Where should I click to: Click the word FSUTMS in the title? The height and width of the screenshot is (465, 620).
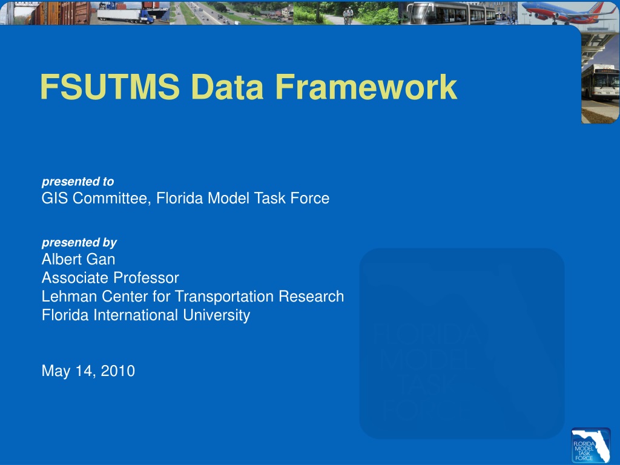click(x=110, y=87)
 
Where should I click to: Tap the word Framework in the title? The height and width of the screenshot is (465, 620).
click(x=366, y=87)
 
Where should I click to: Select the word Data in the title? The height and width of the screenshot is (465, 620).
click(x=227, y=87)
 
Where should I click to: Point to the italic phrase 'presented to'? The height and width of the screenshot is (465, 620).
click(x=78, y=182)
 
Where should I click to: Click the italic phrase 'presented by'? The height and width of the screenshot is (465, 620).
click(x=79, y=242)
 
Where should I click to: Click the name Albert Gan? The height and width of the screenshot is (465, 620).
click(x=78, y=259)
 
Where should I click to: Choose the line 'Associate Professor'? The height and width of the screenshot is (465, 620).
click(x=110, y=278)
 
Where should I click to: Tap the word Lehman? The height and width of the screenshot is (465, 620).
click(x=69, y=297)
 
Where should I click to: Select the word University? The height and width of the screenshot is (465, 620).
click(x=216, y=315)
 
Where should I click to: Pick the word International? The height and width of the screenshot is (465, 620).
click(x=136, y=315)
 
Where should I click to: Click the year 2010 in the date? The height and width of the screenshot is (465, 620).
click(x=118, y=371)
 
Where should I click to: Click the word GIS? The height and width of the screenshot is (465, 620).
click(x=54, y=198)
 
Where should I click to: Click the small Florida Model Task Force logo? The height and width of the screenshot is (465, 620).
click(x=591, y=445)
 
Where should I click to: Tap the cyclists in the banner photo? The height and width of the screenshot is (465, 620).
click(x=348, y=16)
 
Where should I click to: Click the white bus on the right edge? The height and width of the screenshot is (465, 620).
click(x=600, y=82)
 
